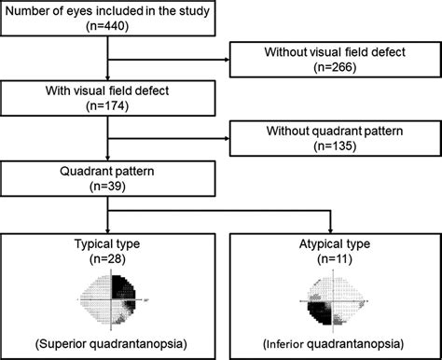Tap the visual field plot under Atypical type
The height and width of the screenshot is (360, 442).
tap(331, 300)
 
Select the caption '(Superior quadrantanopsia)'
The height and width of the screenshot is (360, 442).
tap(109, 343)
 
